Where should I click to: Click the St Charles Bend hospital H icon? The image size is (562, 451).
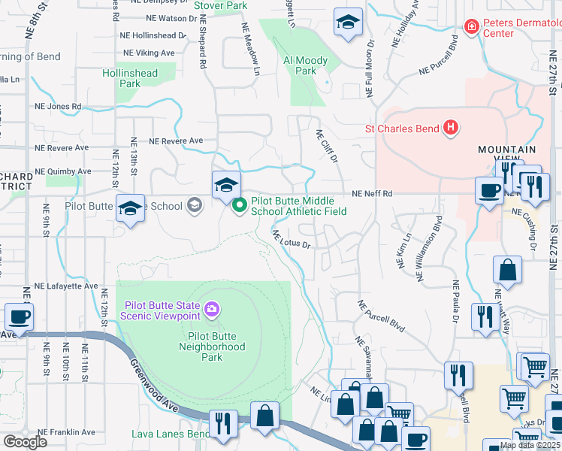point(450,129)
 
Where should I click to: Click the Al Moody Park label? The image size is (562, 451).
point(305,65)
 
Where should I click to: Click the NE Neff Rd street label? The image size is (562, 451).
point(373,194)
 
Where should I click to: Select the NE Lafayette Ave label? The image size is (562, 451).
point(66,286)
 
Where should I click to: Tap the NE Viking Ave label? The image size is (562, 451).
point(149,53)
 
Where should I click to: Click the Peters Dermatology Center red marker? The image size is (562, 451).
point(471,28)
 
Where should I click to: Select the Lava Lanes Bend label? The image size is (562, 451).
point(171,434)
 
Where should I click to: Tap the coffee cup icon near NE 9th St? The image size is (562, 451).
point(19,317)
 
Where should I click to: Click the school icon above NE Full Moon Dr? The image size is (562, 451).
point(348,23)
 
